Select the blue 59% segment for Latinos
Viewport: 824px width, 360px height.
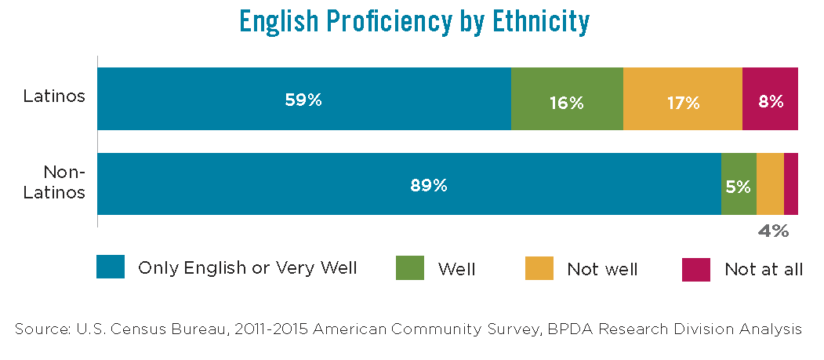303,99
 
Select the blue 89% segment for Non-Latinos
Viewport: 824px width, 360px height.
408,184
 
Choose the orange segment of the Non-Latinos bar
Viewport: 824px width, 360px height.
770,184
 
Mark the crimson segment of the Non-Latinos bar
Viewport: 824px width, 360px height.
790,184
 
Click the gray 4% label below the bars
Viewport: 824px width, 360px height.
772,231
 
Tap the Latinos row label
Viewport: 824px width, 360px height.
53,97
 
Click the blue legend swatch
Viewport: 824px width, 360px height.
111,267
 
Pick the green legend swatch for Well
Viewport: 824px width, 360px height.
409,268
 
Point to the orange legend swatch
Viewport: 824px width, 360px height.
539,268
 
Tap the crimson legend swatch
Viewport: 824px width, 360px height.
696,268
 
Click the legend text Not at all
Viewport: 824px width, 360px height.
763,269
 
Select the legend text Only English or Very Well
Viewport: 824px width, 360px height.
247,268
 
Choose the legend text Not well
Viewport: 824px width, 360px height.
602,269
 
